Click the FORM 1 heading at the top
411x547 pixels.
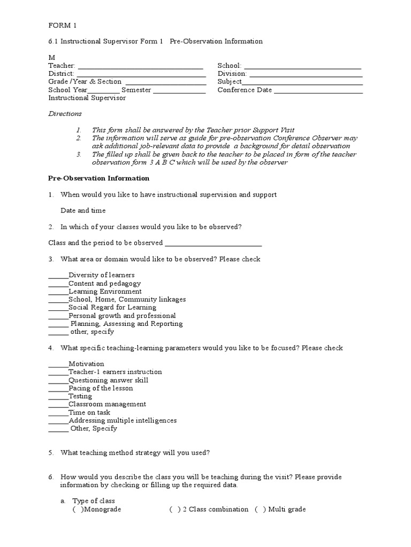63,26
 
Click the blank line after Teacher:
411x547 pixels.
140,67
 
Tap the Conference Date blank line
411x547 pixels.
318,91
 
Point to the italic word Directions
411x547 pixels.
65,114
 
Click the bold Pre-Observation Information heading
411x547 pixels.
99,178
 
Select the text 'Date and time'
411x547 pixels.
83,211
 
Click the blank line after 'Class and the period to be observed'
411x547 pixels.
214,244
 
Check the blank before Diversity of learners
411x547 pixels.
58,277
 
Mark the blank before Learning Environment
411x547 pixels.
58,293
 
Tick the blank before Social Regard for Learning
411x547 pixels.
58,309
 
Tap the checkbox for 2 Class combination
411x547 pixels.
174,510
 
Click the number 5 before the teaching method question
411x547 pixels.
51,453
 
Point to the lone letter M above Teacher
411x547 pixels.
52,57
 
